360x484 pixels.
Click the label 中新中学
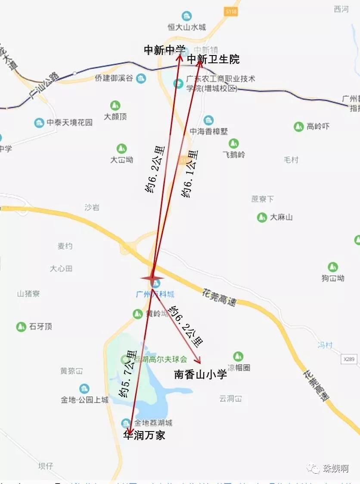click(x=164, y=50)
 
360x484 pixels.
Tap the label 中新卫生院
click(x=213, y=59)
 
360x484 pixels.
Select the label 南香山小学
click(x=200, y=375)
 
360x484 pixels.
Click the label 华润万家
click(x=144, y=435)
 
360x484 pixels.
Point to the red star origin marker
click(x=152, y=279)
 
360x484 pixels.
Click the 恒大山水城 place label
click(x=187, y=27)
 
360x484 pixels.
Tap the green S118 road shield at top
click(x=231, y=12)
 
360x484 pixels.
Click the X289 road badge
click(x=351, y=358)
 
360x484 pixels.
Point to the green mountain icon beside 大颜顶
click(x=115, y=105)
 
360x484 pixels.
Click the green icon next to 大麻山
click(x=262, y=217)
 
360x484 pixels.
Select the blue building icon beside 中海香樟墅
click(x=209, y=120)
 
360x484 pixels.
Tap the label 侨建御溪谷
click(x=114, y=79)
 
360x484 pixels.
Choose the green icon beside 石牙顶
click(x=21, y=327)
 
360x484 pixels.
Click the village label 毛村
click(x=291, y=160)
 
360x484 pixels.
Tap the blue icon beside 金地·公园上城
click(x=84, y=388)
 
